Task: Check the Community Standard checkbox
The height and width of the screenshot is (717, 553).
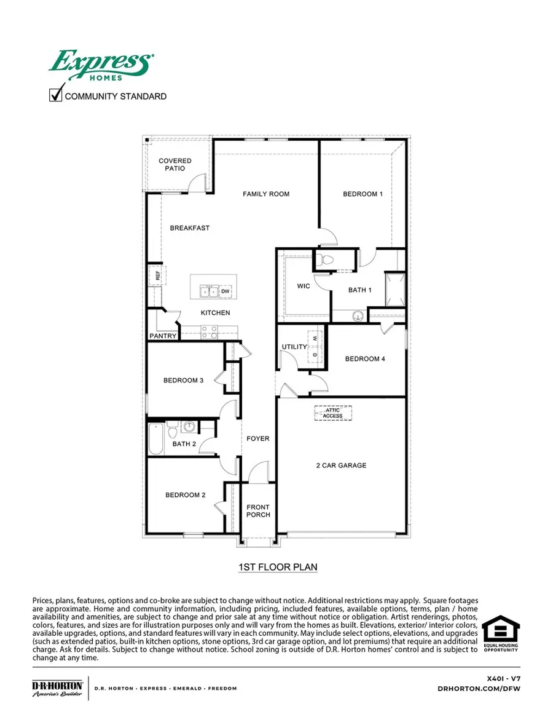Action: [56, 95]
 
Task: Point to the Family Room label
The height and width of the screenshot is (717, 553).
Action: [265, 194]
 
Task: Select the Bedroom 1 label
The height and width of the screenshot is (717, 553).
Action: [363, 194]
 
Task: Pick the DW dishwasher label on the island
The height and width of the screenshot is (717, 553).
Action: [226, 291]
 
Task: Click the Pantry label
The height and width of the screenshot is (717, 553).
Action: [163, 336]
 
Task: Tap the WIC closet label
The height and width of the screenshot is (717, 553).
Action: [303, 287]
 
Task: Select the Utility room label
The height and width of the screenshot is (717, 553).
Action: [294, 347]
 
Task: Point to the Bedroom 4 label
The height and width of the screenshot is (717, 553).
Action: [365, 359]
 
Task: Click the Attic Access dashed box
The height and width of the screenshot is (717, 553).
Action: [332, 413]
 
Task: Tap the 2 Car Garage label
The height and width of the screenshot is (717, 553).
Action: [341, 465]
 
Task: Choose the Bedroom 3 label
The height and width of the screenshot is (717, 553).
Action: [183, 381]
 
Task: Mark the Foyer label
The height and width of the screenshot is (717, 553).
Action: [258, 439]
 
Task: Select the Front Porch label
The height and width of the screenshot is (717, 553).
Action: [258, 511]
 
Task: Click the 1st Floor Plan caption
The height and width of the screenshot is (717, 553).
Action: [278, 567]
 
